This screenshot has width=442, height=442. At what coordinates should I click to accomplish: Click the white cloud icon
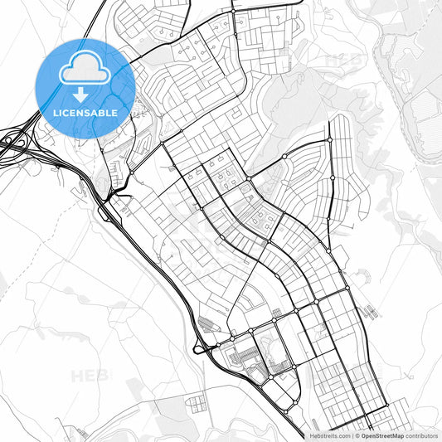85,70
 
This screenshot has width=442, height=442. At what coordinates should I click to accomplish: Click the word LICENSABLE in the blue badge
85,111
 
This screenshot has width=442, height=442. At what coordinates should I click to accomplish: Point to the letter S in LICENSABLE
90,111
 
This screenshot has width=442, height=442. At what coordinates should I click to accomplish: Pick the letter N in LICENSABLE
83,111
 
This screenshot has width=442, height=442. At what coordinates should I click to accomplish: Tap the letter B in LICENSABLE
103,111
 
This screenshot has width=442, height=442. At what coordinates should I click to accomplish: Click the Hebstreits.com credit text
330,435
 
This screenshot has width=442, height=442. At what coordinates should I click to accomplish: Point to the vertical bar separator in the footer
353,435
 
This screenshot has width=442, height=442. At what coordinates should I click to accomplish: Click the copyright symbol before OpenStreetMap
358,435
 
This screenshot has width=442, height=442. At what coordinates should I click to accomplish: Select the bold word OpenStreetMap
382,435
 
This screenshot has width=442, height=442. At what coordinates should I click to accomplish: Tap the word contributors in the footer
421,435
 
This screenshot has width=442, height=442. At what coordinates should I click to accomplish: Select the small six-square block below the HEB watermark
196,404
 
